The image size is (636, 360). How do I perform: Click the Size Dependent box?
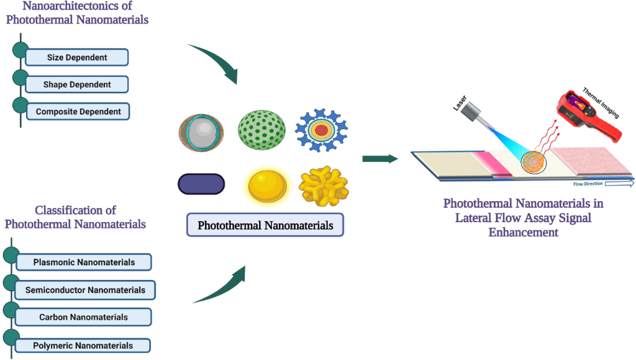[x=77, y=58]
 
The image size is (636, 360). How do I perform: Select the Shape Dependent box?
[x=77, y=84]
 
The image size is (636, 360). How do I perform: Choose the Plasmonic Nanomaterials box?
[x=84, y=263]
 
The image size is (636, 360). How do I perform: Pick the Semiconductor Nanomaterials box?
[x=85, y=290]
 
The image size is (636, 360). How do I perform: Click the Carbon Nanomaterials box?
[x=83, y=317]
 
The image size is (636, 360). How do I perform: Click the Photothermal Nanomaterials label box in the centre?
[x=265, y=225]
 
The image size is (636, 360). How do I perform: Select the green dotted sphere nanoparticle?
[x=261, y=129]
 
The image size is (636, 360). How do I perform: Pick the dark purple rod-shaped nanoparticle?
[x=201, y=184]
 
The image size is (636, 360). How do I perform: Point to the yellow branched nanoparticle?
[x=324, y=185]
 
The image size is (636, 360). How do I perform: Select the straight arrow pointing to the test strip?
[x=379, y=159]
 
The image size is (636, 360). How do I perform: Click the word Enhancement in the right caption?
[x=523, y=232]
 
